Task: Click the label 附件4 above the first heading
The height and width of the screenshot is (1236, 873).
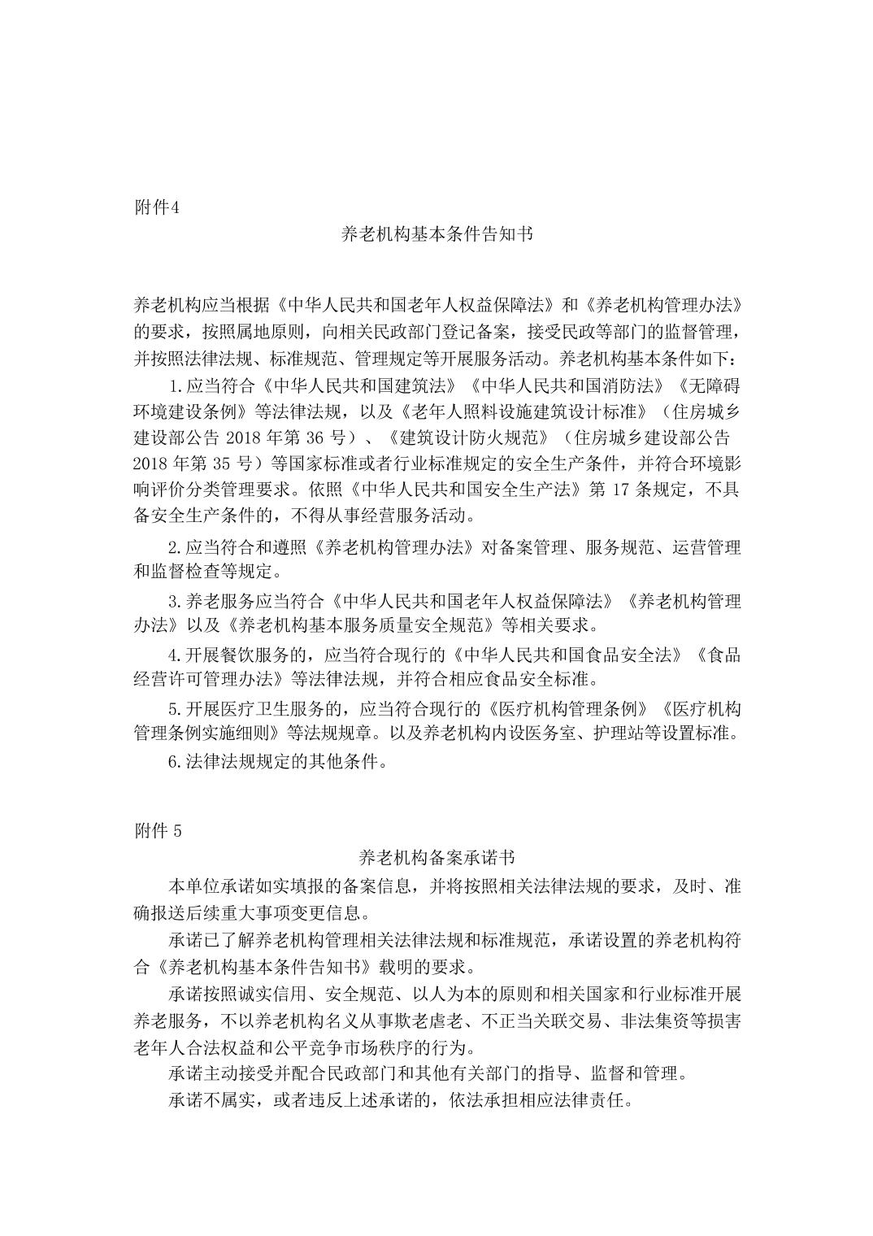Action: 155,207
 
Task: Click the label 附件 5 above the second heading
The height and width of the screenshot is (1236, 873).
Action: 158,831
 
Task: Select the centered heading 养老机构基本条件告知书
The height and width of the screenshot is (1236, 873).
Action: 436,234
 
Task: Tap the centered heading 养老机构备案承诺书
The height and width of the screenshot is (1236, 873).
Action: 436,857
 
